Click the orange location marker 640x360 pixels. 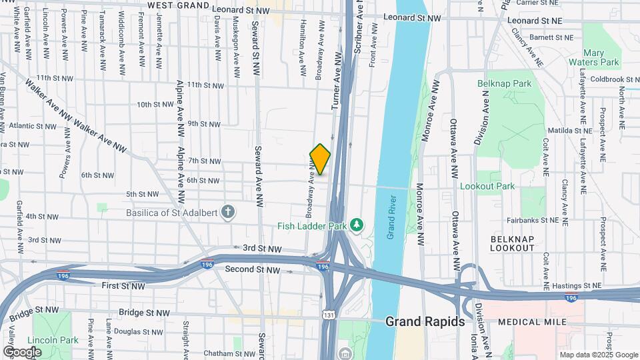click(x=320, y=159)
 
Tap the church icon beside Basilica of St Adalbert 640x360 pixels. click(x=228, y=213)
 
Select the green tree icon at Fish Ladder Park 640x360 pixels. click(x=358, y=225)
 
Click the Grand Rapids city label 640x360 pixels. click(x=425, y=321)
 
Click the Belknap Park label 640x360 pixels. click(x=504, y=84)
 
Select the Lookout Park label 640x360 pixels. click(x=487, y=186)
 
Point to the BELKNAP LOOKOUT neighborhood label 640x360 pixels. click(x=512, y=243)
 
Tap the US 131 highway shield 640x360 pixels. click(x=328, y=315)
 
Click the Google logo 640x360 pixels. click(x=22, y=351)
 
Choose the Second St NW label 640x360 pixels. click(x=253, y=269)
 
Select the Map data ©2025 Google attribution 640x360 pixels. click(x=598, y=355)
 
